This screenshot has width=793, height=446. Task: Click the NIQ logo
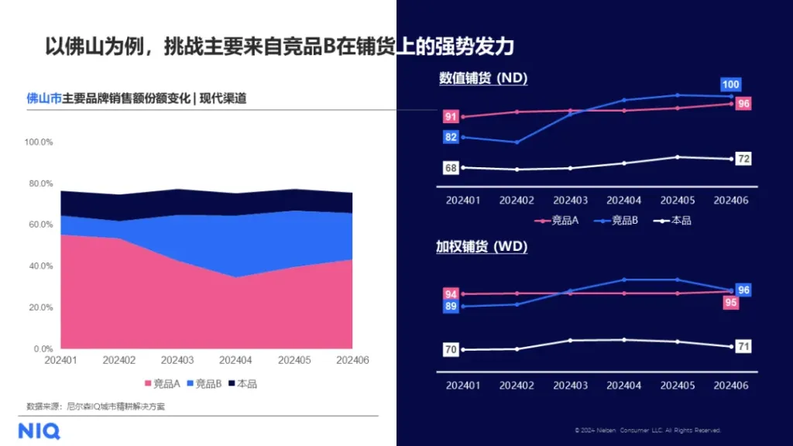point(39,431)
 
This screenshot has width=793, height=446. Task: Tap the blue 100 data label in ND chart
point(730,84)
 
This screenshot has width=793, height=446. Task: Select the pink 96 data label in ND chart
point(743,104)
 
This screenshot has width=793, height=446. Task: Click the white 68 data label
point(450,168)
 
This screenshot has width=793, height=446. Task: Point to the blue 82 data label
point(450,137)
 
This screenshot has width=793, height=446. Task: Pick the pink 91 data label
point(450,117)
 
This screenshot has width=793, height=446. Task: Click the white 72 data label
point(743,159)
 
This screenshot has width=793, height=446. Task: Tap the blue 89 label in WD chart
point(450,307)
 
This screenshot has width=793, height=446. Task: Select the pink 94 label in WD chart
point(450,293)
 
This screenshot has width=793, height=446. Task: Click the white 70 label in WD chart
point(450,350)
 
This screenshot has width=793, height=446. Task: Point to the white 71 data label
point(743,346)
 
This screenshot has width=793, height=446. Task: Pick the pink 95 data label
point(730,303)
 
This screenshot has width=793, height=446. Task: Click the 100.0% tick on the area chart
point(39,142)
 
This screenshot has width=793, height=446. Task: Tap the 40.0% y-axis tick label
point(41,266)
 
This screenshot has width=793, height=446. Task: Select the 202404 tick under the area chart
point(235,361)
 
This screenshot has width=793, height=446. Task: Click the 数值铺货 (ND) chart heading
point(483,78)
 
